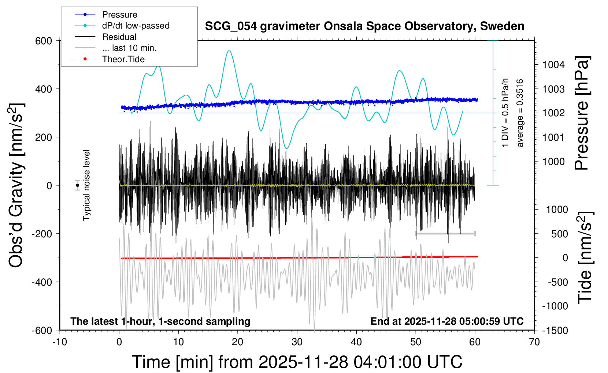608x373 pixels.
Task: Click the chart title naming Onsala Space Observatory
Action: (x=364, y=26)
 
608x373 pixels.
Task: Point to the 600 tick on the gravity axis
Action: (x=44, y=41)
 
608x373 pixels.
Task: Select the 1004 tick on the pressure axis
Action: (x=553, y=65)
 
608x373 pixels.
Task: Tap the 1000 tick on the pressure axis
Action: (x=553, y=162)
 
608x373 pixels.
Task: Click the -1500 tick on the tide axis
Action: (x=555, y=331)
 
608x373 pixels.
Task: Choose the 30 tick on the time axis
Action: (x=297, y=342)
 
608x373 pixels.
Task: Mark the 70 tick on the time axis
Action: (x=534, y=342)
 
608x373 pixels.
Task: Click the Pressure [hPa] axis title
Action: (x=582, y=113)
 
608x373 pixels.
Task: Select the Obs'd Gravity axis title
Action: (x=16, y=185)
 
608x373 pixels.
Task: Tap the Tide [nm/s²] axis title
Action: (x=585, y=257)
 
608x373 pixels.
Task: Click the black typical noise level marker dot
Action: (x=77, y=185)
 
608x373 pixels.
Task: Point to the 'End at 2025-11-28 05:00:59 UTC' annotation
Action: (x=447, y=321)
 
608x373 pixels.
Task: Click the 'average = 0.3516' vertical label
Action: (x=520, y=113)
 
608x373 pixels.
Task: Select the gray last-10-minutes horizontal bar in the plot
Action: (x=445, y=233)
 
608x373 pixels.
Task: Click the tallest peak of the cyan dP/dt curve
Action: (x=229, y=51)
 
